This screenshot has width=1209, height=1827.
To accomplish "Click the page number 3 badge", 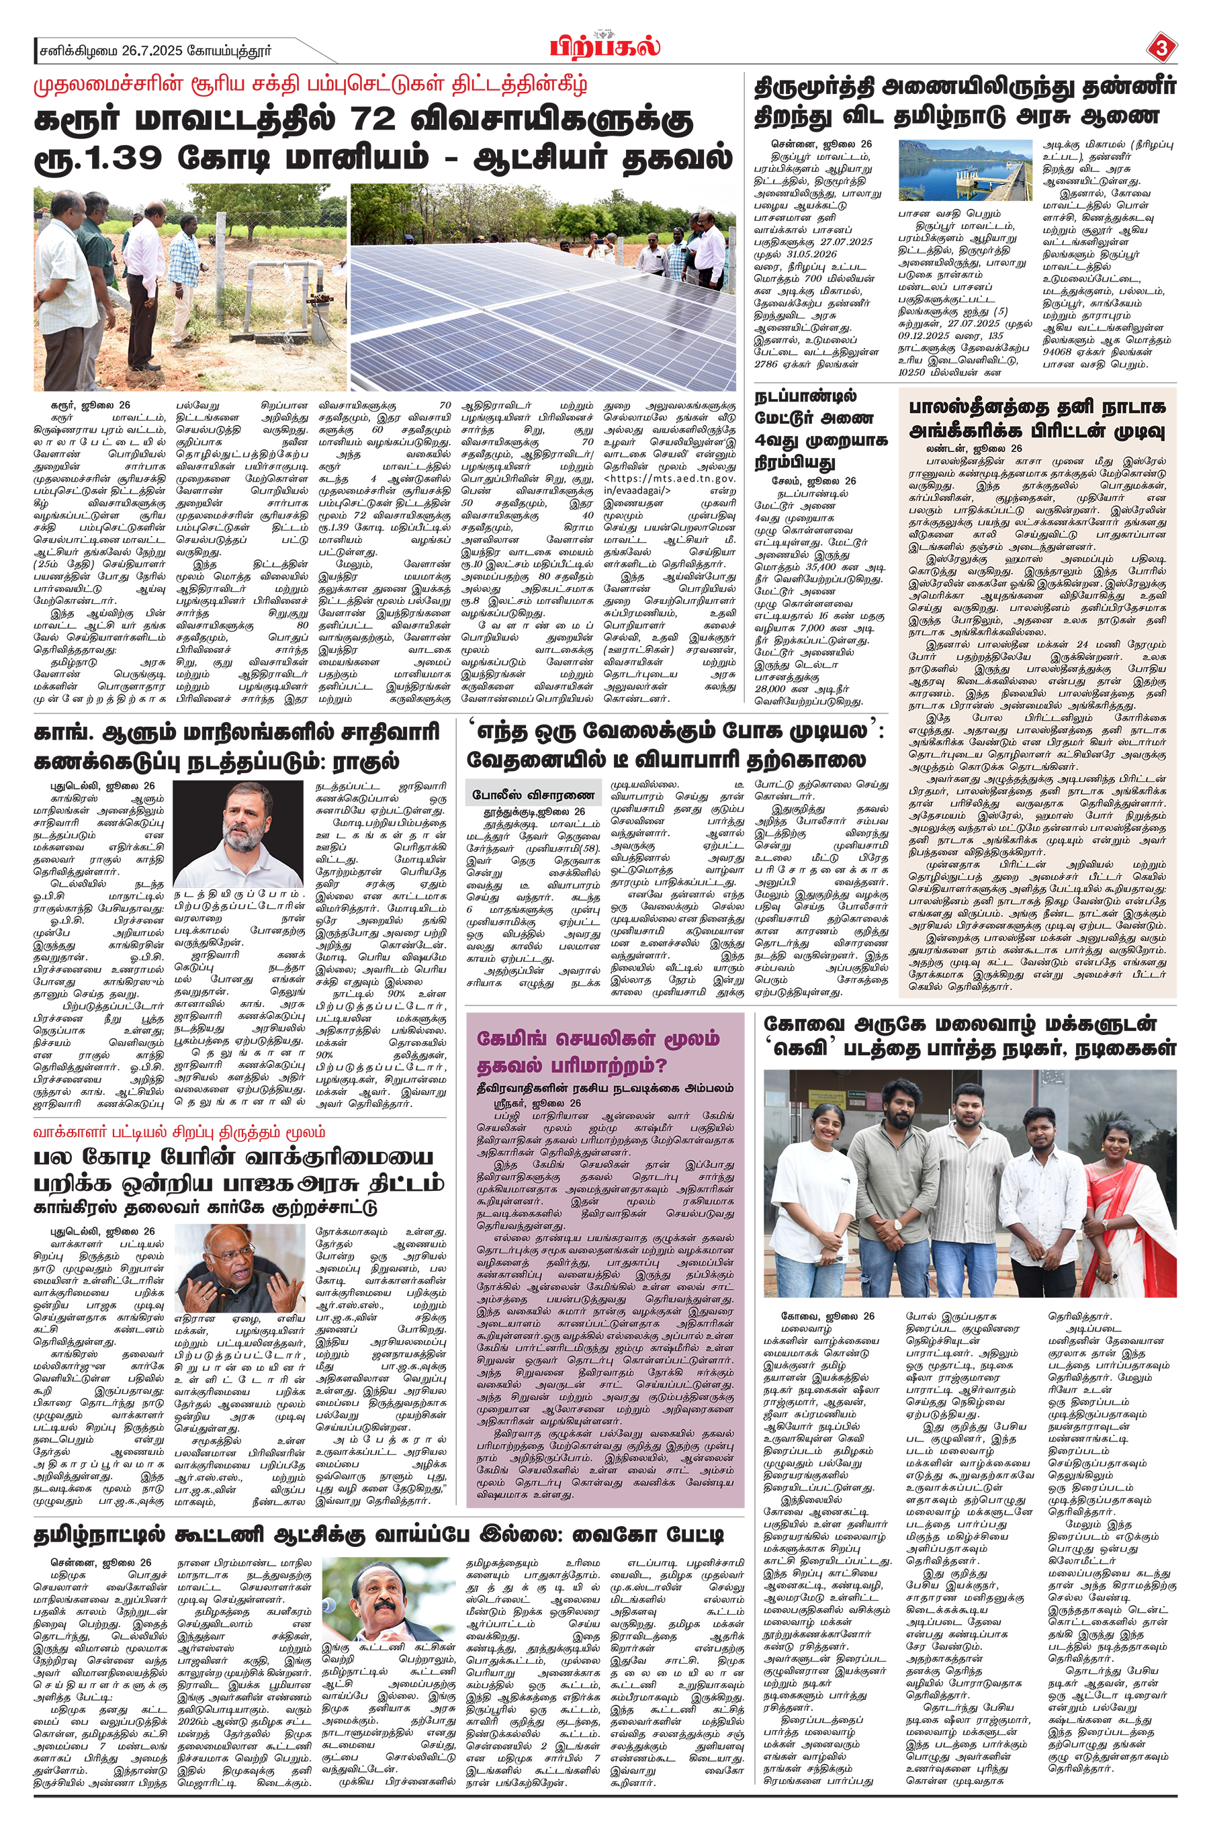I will (1161, 48).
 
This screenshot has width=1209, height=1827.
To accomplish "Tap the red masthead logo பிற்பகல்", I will (605, 47).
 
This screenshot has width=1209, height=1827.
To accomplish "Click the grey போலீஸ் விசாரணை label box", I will (533, 794).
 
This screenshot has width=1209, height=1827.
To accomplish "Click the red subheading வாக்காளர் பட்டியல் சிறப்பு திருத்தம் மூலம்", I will (179, 1132).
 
